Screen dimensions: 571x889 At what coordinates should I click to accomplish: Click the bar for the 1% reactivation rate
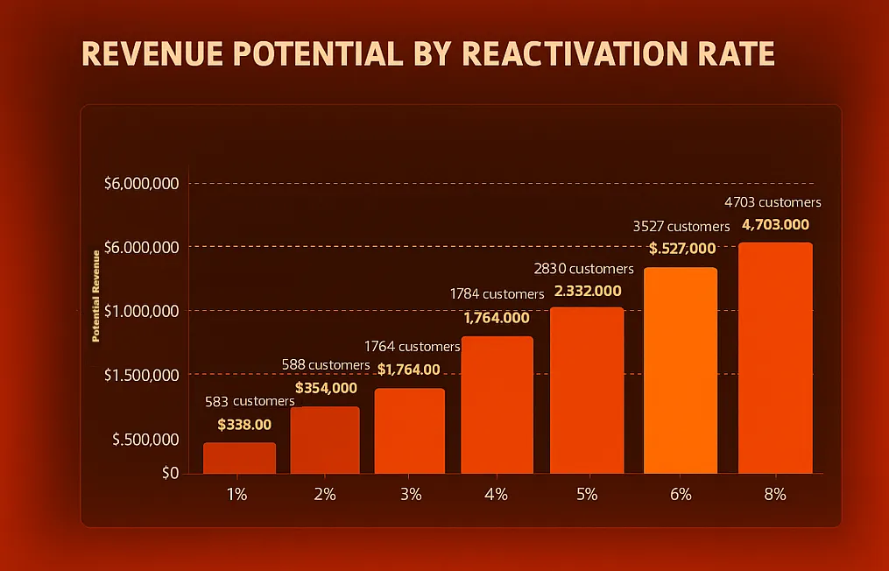(239, 457)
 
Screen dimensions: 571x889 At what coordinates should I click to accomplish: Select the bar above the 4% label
(497, 405)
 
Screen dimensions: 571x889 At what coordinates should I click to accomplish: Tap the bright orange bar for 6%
(681, 370)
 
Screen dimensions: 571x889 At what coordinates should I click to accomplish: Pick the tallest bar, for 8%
(775, 357)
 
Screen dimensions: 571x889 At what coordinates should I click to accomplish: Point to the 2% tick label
(325, 494)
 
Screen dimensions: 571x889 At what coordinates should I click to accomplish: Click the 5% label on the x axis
(587, 494)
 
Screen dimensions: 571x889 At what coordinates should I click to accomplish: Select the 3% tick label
(410, 494)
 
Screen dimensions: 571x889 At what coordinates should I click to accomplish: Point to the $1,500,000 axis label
(141, 375)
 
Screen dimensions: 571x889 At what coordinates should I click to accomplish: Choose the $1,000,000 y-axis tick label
(141, 311)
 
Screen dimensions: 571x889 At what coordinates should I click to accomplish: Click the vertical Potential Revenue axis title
(96, 295)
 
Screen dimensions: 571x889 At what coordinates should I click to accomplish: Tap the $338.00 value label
(244, 425)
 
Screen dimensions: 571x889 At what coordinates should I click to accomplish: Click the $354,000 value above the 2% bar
(326, 388)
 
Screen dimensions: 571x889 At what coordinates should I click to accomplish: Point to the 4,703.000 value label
(775, 225)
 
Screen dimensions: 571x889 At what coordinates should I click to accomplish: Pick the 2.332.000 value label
(587, 291)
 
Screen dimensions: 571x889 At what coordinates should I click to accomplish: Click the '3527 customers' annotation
(681, 227)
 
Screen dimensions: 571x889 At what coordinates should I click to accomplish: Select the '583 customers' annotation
(250, 402)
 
